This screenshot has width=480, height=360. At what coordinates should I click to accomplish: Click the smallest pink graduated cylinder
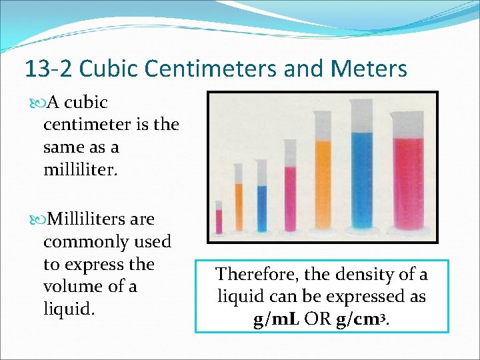click(219, 220)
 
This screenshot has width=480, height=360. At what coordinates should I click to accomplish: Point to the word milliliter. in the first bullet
click(80, 169)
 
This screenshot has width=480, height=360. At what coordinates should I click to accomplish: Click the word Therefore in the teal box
click(256, 275)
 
